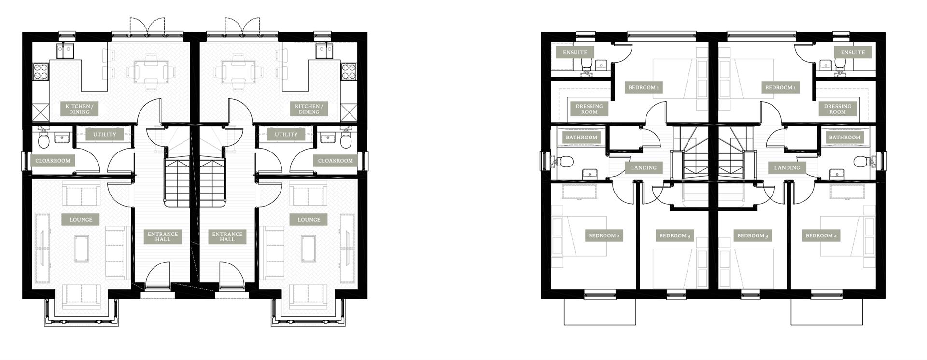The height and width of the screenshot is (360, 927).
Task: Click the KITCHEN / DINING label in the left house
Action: pos(79,109)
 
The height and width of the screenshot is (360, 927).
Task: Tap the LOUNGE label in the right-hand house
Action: pos(309,220)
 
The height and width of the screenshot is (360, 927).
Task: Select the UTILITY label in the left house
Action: pos(105,135)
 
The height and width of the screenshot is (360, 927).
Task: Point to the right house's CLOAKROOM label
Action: pos(336,161)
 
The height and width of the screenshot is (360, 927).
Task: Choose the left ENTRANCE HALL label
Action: pos(163,236)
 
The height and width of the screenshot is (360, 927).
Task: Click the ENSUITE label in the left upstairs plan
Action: pos(575,52)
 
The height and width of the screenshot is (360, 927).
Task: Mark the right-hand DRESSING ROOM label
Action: pos(838,109)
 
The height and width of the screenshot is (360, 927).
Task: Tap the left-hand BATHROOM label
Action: pos(581,138)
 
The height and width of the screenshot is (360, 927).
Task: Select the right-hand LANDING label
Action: pos(787,168)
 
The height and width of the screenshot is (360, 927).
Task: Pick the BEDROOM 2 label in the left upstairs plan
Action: pos(604,236)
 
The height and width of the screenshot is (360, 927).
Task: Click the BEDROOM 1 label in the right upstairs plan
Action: pos(780,88)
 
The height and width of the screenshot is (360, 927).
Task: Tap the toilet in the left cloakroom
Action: pos(43,140)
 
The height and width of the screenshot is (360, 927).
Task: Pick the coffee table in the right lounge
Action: pos(309,248)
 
